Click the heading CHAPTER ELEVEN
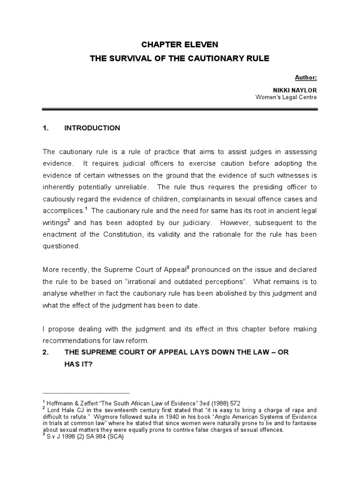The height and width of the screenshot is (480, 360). pos(180,45)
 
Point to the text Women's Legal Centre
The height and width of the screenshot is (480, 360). pos(286,97)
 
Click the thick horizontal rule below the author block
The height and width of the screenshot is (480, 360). pos(180,110)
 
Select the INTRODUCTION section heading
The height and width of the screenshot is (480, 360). pos(92,128)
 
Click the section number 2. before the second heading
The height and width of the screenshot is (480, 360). pos(45,352)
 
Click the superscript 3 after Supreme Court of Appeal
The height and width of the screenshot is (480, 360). pos(187,268)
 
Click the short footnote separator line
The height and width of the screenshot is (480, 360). pos(86,393)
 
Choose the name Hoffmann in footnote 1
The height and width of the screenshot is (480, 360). pos(61,403)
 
